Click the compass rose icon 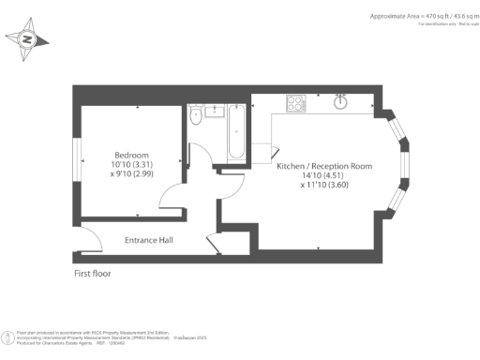(27, 39)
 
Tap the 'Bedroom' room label (130, 155)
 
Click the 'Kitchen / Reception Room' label (323, 166)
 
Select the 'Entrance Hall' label (148, 241)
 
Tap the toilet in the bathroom (195, 115)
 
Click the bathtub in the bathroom (235, 131)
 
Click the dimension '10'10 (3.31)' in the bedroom (130, 164)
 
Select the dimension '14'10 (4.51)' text (323, 175)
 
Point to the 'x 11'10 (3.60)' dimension (323, 186)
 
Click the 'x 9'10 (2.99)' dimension (130, 173)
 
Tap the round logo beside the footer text (8, 335)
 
